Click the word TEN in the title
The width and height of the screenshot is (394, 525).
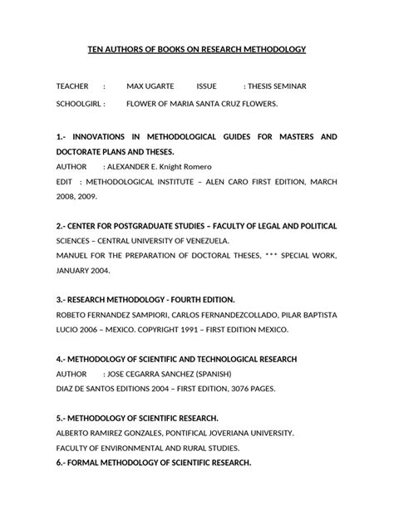coord(96,49)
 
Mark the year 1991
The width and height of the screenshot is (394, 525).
coord(180,329)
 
